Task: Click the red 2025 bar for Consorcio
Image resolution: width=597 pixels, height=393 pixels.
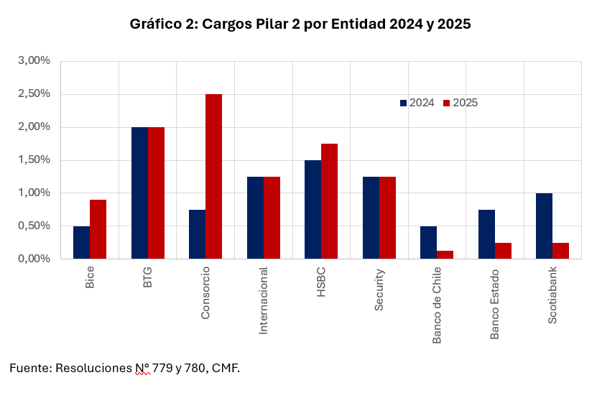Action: coord(213,176)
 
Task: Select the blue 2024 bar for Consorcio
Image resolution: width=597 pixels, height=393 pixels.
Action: coord(197,234)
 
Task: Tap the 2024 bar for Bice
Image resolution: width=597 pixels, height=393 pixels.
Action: coord(81,242)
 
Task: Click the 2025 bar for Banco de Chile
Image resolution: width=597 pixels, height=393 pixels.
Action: coord(445,254)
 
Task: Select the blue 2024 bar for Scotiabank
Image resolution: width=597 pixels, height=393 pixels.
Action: coord(544,226)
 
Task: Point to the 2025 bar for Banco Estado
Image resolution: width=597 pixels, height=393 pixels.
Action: coord(503,251)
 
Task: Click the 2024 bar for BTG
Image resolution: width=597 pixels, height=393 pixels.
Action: coord(139,193)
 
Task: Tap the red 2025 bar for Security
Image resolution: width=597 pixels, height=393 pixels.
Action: coord(387,218)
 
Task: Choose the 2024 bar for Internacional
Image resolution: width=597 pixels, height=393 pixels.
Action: coord(255,218)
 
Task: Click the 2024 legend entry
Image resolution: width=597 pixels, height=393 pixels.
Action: coord(421,103)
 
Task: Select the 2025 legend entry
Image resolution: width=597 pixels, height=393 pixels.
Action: coord(465,103)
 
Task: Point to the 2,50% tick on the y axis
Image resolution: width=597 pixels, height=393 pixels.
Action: coord(34,93)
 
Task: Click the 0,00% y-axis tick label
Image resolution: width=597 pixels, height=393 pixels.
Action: coord(34,259)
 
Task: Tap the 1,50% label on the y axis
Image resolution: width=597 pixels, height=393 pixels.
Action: coord(34,159)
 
